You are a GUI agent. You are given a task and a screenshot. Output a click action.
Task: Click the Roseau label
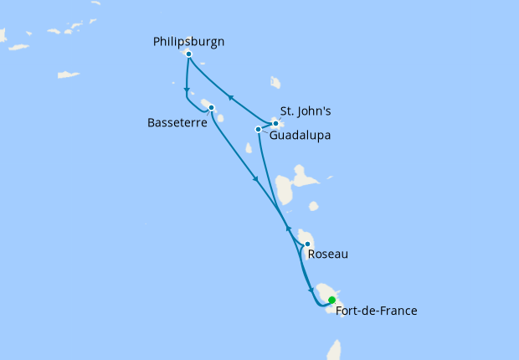[x=327, y=254]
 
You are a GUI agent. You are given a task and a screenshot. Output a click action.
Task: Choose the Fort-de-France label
[x=376, y=311]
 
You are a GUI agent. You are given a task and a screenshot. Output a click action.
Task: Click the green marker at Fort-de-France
[x=332, y=300]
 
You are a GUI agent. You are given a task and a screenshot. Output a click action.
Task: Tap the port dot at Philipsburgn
[x=189, y=54]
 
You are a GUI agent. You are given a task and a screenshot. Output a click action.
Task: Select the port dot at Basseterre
[x=211, y=107]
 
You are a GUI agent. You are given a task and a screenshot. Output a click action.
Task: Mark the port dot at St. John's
[x=275, y=123]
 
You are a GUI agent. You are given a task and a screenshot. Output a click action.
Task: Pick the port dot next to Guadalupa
[x=258, y=129]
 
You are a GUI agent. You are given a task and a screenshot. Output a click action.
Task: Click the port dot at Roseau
[x=307, y=244]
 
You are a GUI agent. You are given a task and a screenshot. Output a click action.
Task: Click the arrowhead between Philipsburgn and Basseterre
[x=185, y=90]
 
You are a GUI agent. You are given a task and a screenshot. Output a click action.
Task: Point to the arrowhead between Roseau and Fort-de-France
[x=311, y=290]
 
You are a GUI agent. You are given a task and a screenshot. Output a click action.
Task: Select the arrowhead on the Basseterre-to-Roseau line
[x=254, y=177]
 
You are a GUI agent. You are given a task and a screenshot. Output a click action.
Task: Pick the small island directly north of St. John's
[x=275, y=82]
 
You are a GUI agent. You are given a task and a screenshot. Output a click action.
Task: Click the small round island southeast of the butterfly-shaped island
[x=313, y=206]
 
